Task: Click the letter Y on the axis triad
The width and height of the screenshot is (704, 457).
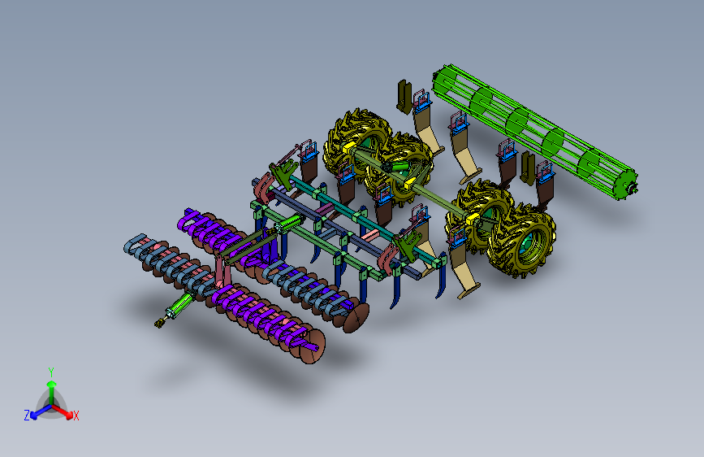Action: coord(51,372)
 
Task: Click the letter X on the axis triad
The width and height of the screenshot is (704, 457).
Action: coord(76,416)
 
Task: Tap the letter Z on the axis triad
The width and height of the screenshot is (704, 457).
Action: coord(27,416)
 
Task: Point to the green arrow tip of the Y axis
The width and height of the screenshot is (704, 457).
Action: coord(52,384)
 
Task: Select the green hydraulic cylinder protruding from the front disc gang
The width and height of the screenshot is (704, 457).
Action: coord(179,305)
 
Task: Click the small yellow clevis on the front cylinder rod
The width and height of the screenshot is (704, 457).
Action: coord(158,323)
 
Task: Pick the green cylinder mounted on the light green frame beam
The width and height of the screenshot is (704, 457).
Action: coord(289,224)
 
